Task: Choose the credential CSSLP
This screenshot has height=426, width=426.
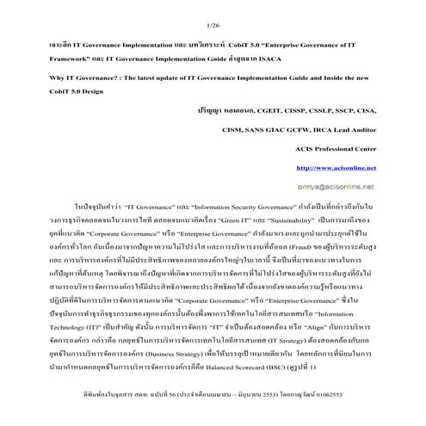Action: coord(328,110)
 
